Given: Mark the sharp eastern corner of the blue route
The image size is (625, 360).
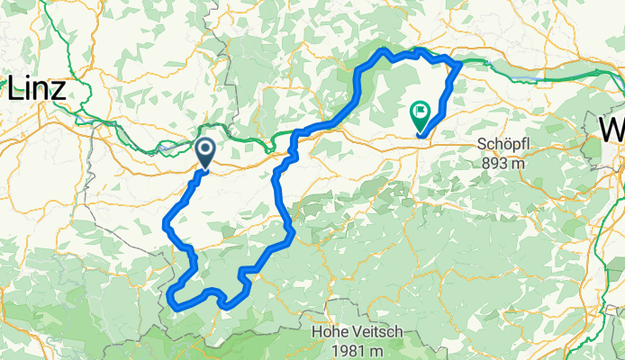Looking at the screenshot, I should click(x=460, y=63).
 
